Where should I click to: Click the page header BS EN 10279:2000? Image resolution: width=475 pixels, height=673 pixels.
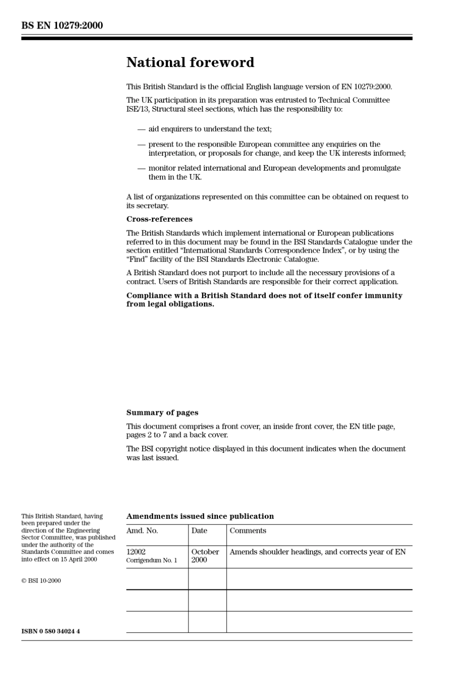pos(62,26)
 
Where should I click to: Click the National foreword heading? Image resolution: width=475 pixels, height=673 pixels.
pos(190,63)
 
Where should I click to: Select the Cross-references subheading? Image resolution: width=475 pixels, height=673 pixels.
pos(159,219)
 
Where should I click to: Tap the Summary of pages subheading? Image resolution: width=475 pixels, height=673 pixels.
pos(162,413)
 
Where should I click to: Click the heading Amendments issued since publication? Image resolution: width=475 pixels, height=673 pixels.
pos(200,516)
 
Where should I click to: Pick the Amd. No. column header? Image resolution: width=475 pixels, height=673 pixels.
pos(142,531)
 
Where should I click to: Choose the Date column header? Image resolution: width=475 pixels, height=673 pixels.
pos(199,531)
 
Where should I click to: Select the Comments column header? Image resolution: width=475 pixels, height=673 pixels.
pos(247,531)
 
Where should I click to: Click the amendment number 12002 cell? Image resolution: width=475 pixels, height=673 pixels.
pos(136,552)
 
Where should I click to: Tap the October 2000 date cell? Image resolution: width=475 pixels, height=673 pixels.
pos(205,556)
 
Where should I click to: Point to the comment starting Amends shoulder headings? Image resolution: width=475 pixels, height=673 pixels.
pos(317,552)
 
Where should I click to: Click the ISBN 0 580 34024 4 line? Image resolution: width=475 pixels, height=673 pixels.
pos(50,631)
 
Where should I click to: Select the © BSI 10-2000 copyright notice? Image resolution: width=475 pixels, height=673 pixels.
pos(41,581)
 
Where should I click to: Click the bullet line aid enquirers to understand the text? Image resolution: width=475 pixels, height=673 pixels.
pos(210,129)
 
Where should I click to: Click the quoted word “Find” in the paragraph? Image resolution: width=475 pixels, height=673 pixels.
pos(137,259)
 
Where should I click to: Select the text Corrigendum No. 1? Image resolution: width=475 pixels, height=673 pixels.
pos(151,560)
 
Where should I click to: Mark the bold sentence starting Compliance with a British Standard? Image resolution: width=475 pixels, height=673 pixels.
pos(264,300)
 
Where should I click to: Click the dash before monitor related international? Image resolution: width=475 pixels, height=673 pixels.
pos(141,169)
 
